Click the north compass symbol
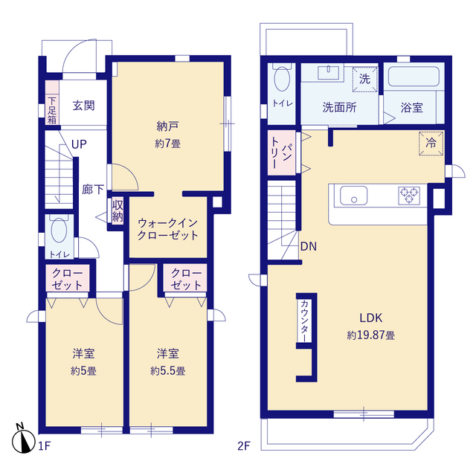tap(23, 440)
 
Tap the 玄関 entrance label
tap(83, 106)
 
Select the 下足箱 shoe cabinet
tap(52, 103)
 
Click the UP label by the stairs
tap(79, 144)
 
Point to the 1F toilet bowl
tap(59, 230)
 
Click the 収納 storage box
tap(118, 211)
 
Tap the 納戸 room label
tap(167, 126)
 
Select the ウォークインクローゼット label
tap(168, 229)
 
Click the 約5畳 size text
tap(83, 370)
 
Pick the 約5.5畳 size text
tap(168, 370)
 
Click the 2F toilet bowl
tap(282, 78)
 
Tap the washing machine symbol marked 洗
tap(365, 80)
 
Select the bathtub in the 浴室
tap(414, 77)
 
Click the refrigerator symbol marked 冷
tap(431, 143)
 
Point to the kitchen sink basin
tap(353, 196)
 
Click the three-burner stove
tap(409, 195)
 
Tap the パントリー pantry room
tap(282, 152)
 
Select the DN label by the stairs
tap(309, 246)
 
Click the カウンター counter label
tap(304, 321)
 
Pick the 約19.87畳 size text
tap(371, 335)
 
